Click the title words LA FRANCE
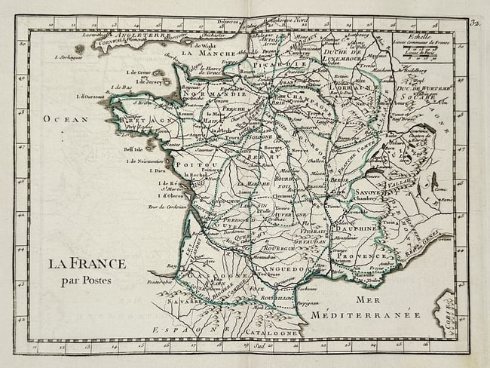[x=87, y=264]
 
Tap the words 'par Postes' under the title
[x=87, y=281]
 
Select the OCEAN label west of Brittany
[x=66, y=118]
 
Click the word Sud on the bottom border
[x=261, y=346]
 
